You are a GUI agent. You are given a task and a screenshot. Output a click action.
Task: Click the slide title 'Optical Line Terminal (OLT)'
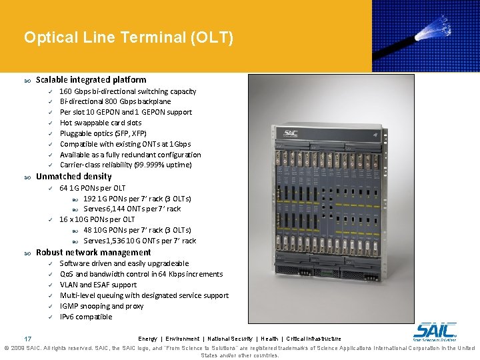[x=129, y=37]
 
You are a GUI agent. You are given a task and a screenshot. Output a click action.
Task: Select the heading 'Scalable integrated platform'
[x=91, y=79]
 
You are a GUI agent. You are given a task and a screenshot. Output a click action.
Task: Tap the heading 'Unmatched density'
[x=73, y=177]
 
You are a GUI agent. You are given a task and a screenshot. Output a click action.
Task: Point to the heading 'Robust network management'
[x=93, y=253]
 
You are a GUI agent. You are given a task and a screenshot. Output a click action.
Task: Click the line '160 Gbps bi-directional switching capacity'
[x=127, y=91]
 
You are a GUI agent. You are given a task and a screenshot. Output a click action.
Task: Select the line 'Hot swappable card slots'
[x=101, y=123]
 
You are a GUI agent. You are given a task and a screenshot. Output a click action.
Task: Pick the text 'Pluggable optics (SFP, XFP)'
[x=103, y=133]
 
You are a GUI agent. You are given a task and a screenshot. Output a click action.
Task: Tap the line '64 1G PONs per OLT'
[x=92, y=188]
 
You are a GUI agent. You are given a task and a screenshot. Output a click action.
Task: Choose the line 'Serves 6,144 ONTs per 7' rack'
[x=132, y=209]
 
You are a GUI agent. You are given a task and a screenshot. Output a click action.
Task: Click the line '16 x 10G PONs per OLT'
[x=97, y=219]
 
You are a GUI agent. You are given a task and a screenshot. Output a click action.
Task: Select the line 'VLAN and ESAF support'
[x=98, y=285]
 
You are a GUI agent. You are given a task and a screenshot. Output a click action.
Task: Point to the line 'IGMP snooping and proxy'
[x=101, y=306]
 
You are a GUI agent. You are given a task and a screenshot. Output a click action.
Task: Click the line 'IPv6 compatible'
[x=86, y=317]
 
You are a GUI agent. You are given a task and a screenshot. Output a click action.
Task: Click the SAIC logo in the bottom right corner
[x=435, y=331]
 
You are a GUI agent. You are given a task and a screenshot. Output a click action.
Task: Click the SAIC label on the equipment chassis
[x=291, y=133]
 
